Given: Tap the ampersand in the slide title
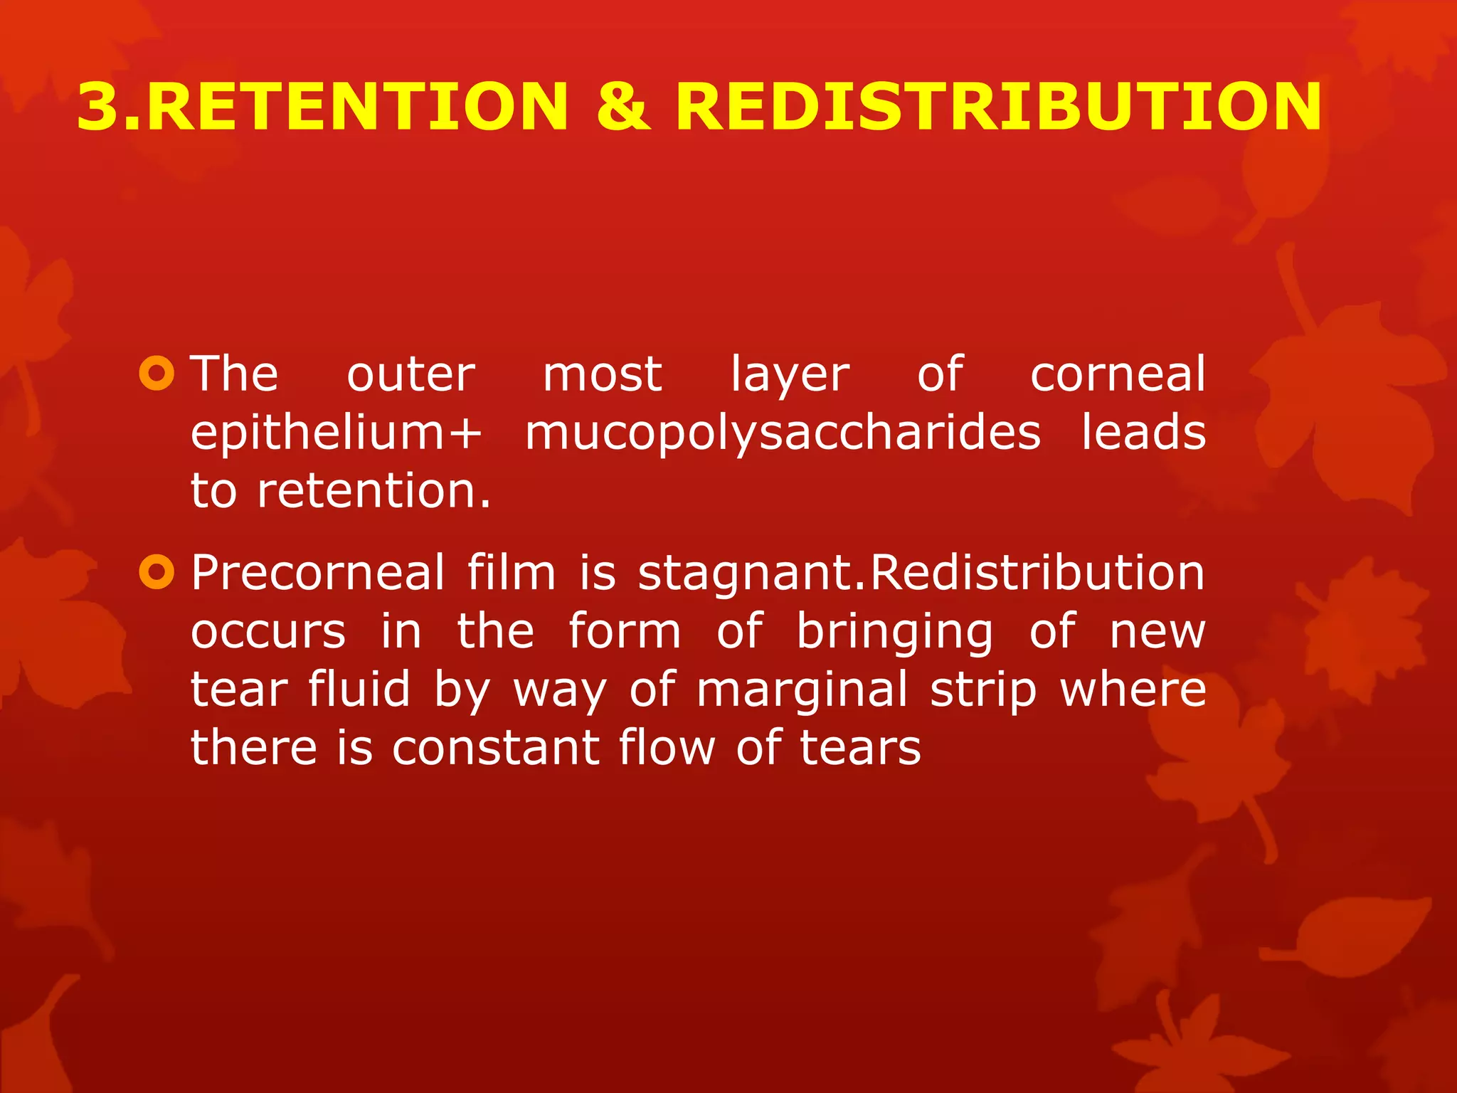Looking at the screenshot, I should click(623, 107).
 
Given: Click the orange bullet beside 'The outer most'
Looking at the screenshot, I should click(157, 373).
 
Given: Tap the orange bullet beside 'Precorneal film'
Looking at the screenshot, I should click(157, 572).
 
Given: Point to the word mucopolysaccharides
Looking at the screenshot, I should click(783, 434).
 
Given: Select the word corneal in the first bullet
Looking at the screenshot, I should click(1118, 374).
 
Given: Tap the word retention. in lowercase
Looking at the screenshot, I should click(374, 491).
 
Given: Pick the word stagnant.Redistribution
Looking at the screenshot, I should click(921, 574).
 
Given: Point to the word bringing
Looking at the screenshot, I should click(894, 633).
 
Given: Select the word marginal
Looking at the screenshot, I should click(802, 691).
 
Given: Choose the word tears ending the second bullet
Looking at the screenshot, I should click(860, 748).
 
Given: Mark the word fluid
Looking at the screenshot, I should click(359, 690).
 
